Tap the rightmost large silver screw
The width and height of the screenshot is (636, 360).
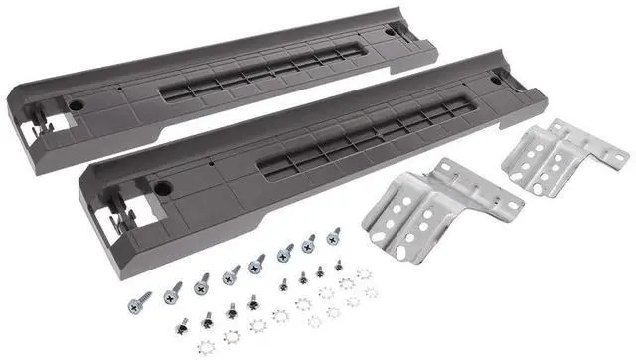333,237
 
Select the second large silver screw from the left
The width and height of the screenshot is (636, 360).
174,289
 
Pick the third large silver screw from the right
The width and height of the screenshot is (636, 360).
284,253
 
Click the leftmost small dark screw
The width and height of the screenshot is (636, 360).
182,324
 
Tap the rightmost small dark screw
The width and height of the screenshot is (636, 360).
338,267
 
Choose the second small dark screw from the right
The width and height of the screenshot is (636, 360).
320,271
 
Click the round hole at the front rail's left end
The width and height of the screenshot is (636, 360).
157,183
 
